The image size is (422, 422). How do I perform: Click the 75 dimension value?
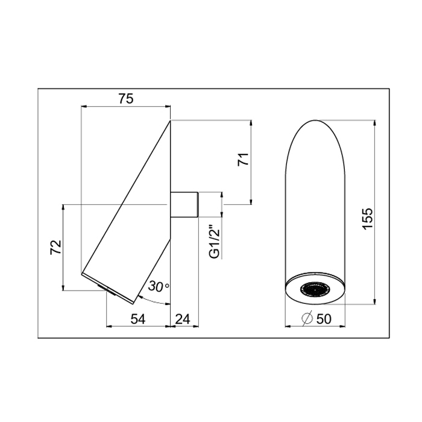(x=126, y=99)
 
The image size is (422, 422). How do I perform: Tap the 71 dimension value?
(x=244, y=159)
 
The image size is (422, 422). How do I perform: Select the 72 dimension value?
(x=56, y=247)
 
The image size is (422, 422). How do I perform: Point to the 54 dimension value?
(x=138, y=319)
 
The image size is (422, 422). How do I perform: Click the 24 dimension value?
(x=183, y=319)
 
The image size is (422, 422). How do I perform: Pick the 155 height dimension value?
(x=368, y=218)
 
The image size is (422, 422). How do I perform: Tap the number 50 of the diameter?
(x=324, y=319)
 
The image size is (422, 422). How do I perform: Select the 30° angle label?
(x=159, y=286)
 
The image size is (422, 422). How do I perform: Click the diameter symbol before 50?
(x=307, y=319)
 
